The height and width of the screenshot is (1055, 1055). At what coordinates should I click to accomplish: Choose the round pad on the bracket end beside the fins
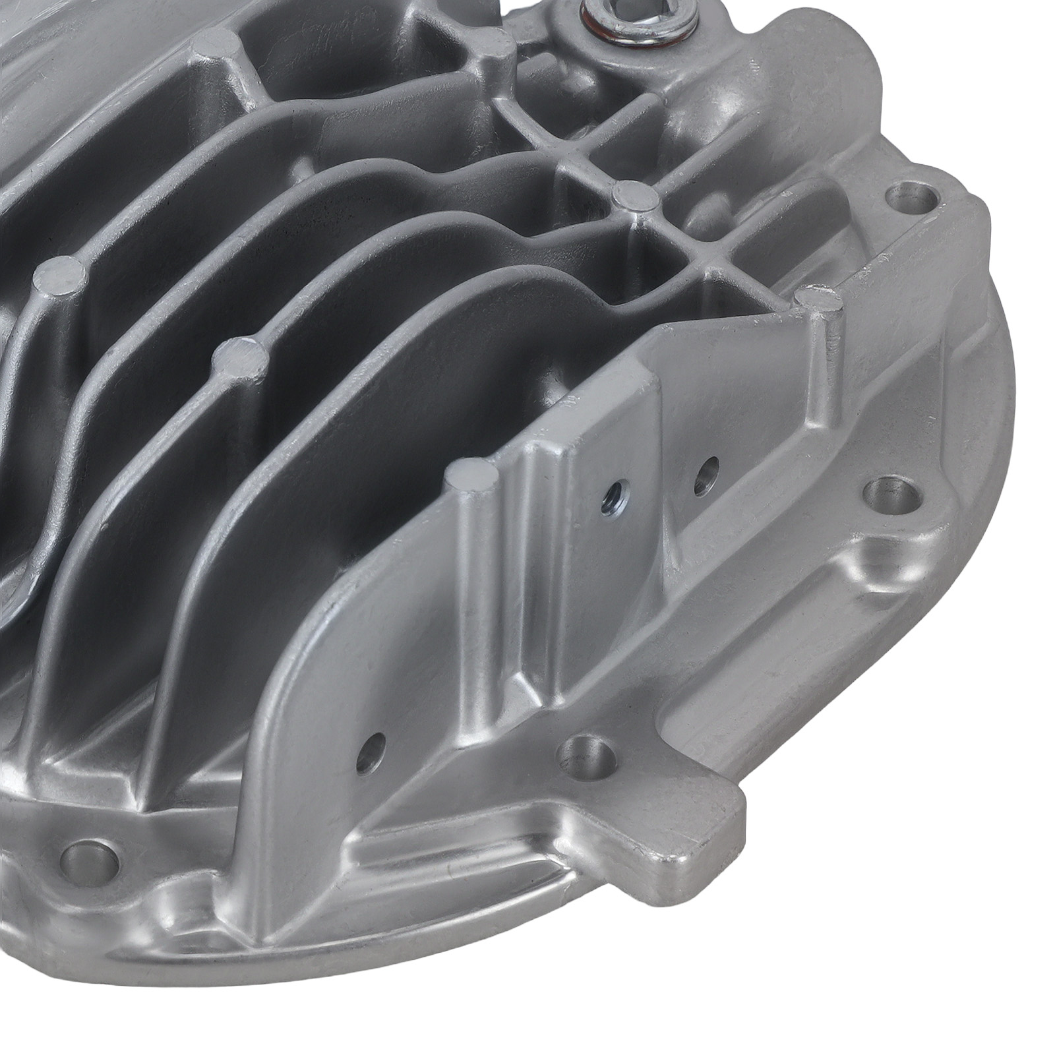coord(471,475)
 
